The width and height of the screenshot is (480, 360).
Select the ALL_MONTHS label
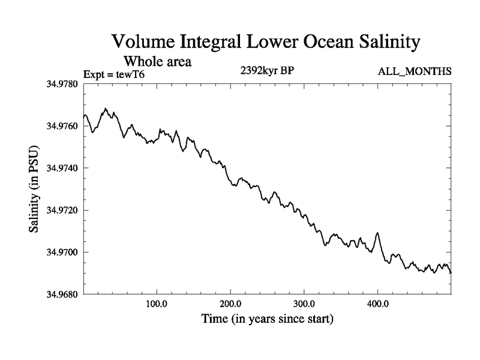[414, 72]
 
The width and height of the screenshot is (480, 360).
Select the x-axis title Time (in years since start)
[266, 319]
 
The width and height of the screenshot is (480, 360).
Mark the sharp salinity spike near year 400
[377, 233]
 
